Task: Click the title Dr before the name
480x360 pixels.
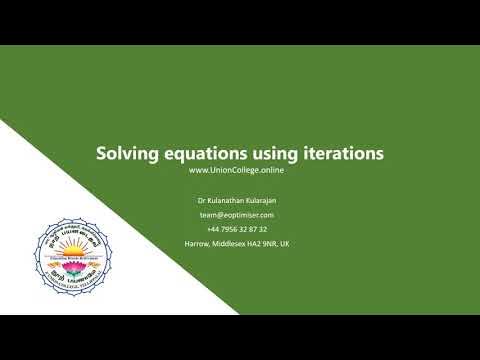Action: pyautogui.click(x=204, y=200)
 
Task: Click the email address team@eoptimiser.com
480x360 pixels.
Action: pyautogui.click(x=237, y=214)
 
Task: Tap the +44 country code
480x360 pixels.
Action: pyautogui.click(x=213, y=229)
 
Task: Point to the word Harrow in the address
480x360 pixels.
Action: pyautogui.click(x=197, y=243)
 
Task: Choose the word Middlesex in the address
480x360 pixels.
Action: pyautogui.click(x=229, y=243)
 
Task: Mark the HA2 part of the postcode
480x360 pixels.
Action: pyautogui.click(x=256, y=243)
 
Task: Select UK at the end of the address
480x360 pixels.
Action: pyautogui.click(x=287, y=243)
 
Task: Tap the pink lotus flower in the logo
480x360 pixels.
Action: pyautogui.click(x=76, y=262)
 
